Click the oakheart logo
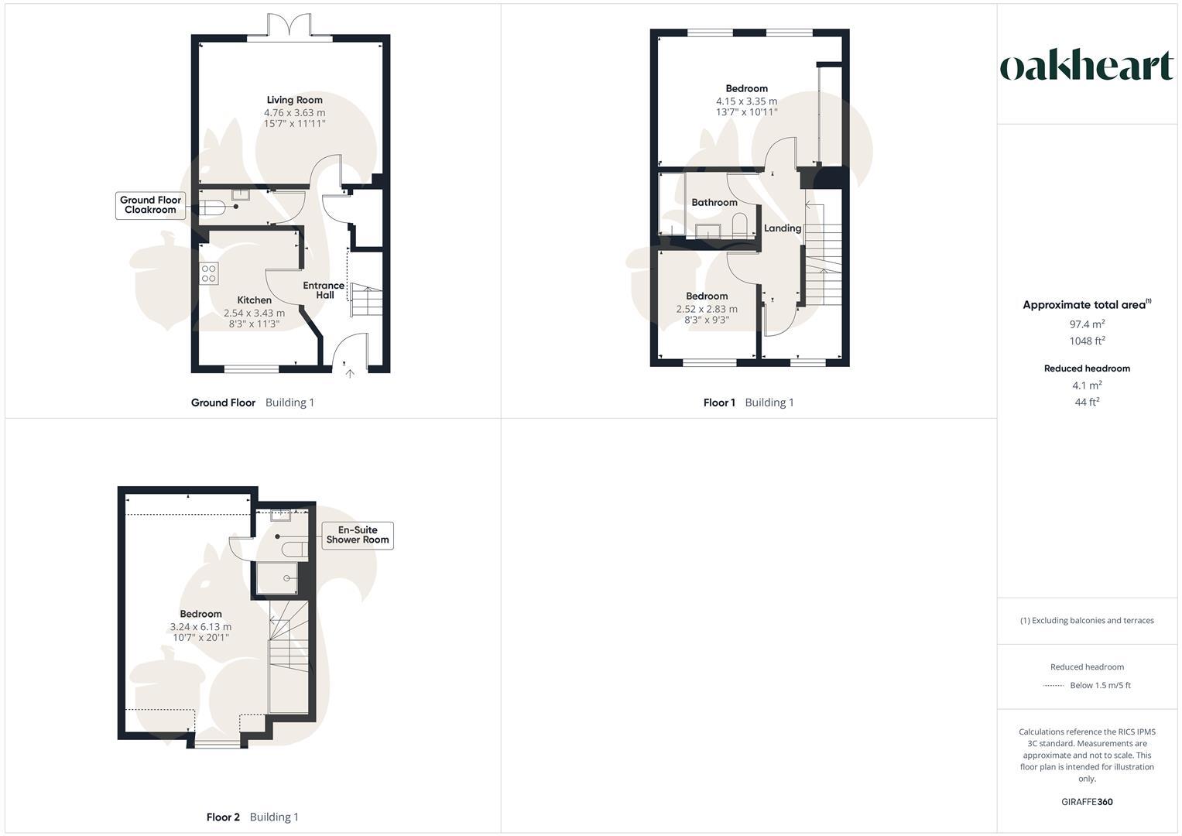[1086, 67]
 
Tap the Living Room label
[294, 100]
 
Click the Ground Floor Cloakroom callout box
[150, 205]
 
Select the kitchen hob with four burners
[209, 273]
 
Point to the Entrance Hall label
[324, 290]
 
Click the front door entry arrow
[349, 374]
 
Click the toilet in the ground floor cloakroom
[211, 207]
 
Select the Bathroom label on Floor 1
[714, 203]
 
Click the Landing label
[782, 228]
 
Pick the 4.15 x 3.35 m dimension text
[746, 101]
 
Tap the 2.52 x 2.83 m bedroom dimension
[706, 309]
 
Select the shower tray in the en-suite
[276, 577]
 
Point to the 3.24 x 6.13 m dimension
[200, 627]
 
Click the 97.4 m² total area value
[1087, 324]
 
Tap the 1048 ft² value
[1087, 341]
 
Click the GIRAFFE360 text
[1087, 802]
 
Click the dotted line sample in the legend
[1054, 686]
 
